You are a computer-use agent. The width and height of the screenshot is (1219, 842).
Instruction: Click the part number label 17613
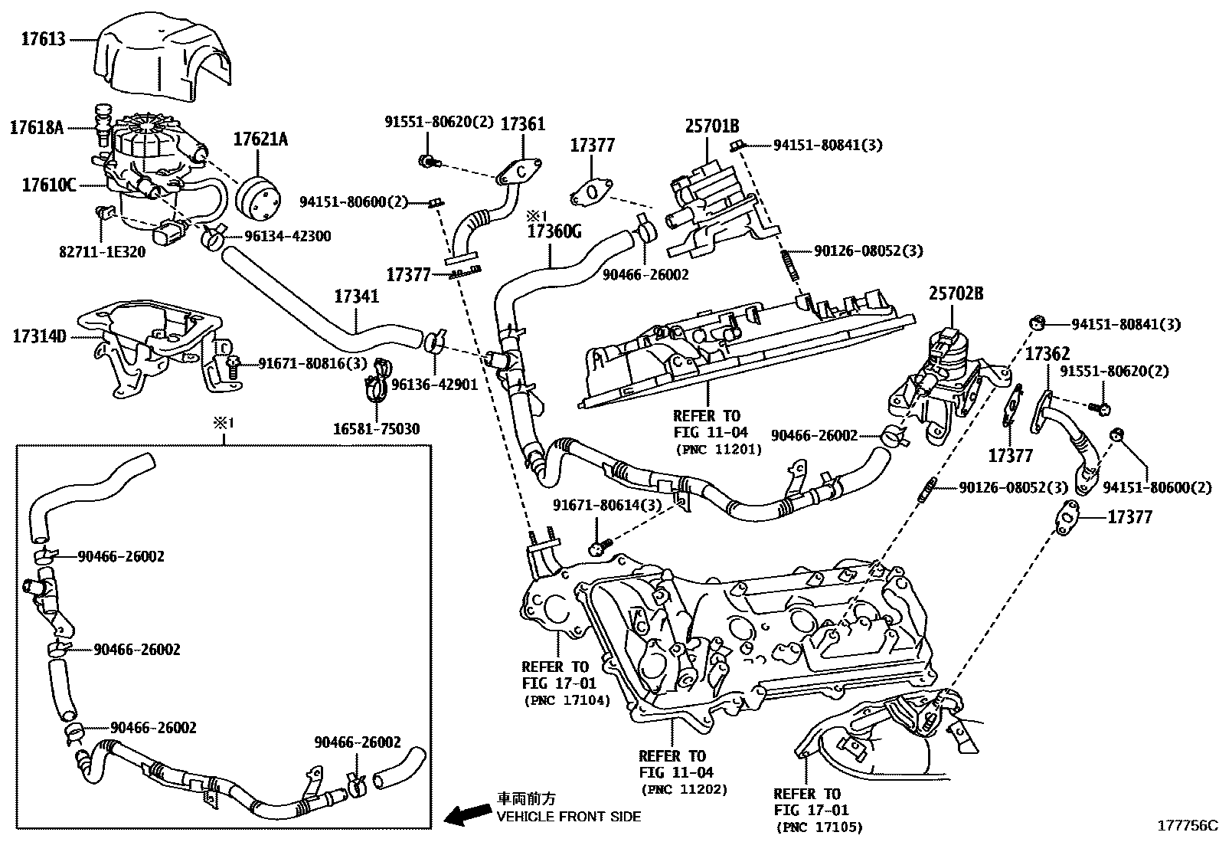coord(44,39)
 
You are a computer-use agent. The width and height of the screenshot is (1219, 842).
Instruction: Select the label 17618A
coord(37,127)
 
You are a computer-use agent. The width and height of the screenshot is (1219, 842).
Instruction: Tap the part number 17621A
coord(260,139)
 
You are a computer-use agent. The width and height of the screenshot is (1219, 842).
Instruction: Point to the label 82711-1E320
coord(103,251)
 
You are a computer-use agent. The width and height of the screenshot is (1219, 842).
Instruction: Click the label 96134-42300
coord(288,236)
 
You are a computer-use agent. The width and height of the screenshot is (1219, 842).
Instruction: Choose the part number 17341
coord(357,297)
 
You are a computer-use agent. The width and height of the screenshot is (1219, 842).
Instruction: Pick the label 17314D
coord(39,336)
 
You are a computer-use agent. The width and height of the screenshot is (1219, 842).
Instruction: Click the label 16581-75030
coord(377,429)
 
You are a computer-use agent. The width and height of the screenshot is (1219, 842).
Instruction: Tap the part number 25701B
coord(712,126)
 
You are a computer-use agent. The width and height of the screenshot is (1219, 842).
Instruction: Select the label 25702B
coord(956,293)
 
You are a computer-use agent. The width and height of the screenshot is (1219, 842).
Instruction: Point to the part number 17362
coord(1047,354)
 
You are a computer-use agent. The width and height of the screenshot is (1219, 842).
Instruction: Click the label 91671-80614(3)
coord(607,506)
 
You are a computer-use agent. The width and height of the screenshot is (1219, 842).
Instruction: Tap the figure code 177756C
coord(1187,826)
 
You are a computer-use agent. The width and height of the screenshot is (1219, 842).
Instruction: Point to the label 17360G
coord(554,231)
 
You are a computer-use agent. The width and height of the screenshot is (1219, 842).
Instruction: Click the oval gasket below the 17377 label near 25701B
coord(592,192)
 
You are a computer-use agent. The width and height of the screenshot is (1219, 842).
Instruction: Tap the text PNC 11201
coord(718,450)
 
